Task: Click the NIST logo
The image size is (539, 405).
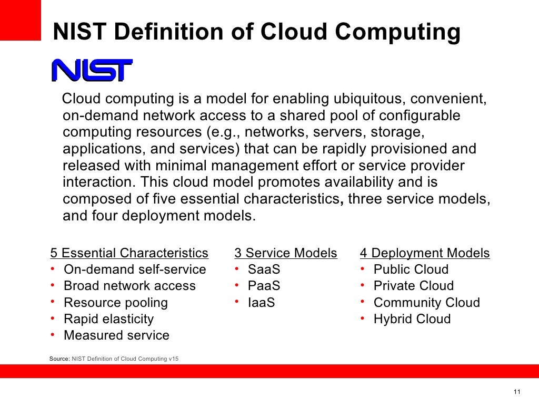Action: point(92,70)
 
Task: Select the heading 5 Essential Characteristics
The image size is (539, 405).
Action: point(129,253)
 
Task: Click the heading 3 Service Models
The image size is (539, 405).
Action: point(285,253)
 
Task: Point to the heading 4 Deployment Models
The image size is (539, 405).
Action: point(425,253)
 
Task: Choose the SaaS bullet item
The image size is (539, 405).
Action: point(264,269)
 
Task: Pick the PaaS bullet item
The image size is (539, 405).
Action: point(264,286)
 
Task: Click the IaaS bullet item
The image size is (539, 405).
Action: point(262,303)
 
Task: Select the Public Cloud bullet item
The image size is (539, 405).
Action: point(411,269)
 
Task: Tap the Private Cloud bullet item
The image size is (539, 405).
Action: point(413,286)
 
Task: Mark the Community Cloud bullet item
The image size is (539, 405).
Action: point(426,303)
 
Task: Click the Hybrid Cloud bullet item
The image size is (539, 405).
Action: point(412,319)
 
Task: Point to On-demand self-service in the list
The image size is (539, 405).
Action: point(135,269)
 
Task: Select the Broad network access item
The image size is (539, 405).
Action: point(129,286)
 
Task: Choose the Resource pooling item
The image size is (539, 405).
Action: point(116,303)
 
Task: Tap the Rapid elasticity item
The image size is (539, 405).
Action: point(108,319)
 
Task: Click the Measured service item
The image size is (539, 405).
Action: point(116,335)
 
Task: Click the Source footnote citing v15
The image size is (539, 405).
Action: point(114,359)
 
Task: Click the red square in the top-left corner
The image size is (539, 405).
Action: point(20,20)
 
